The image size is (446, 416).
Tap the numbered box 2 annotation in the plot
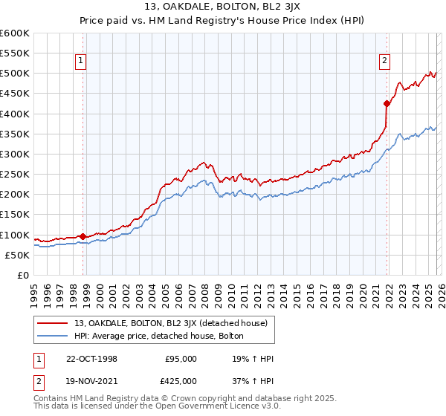click(x=384, y=62)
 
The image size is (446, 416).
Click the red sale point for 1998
click(x=83, y=236)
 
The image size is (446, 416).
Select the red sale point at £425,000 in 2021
click(x=387, y=103)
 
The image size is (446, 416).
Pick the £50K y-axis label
click(x=17, y=255)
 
